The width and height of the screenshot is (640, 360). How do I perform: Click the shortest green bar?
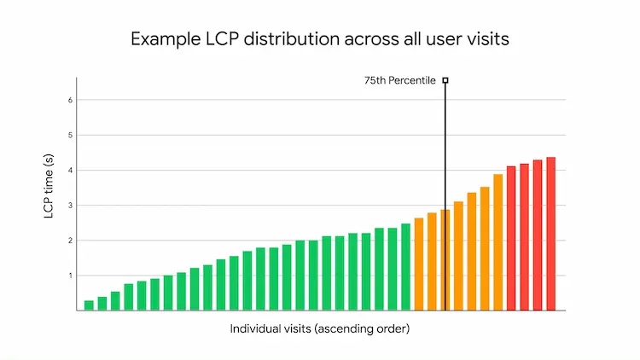(x=89, y=305)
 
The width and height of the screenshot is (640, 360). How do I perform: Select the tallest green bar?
(x=405, y=267)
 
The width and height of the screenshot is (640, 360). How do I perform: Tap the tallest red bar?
(x=550, y=234)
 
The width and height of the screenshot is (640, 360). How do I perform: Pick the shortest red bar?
(x=511, y=239)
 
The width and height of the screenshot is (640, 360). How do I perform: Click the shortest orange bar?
(x=418, y=264)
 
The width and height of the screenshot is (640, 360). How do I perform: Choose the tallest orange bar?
(x=497, y=242)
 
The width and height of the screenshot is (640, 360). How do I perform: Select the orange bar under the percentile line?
(x=445, y=260)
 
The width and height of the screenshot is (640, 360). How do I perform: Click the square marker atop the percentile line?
(x=445, y=80)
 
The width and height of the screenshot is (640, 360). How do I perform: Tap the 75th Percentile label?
(x=400, y=81)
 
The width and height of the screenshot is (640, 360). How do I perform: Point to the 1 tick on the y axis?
(x=70, y=276)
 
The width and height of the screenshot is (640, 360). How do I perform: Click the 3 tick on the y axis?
(x=70, y=206)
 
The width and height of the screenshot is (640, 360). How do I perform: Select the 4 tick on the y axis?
(x=70, y=171)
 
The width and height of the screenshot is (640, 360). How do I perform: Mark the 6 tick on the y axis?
(x=70, y=100)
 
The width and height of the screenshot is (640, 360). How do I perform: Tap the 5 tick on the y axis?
(x=70, y=135)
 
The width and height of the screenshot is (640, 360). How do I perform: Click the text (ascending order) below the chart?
(x=362, y=329)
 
